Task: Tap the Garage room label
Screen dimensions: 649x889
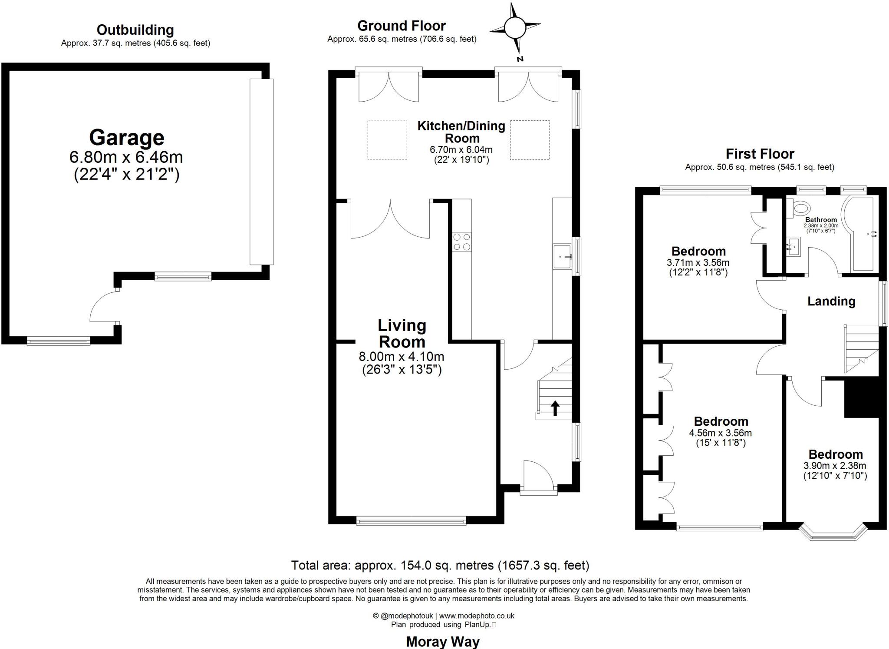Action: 126,138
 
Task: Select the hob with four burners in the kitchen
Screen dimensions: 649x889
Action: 461,242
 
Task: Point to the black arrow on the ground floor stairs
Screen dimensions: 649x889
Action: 555,408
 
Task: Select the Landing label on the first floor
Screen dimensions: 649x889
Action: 831,301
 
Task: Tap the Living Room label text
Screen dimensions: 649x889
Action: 402,333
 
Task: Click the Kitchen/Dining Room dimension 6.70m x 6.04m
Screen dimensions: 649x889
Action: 461,150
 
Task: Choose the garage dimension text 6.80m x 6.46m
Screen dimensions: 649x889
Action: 126,157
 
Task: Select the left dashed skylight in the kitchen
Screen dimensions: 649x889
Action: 387,140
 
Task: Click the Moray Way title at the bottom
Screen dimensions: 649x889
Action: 442,641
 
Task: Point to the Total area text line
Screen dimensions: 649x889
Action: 440,565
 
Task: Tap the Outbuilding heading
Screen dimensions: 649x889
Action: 135,30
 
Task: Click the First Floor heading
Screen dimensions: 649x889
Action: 760,154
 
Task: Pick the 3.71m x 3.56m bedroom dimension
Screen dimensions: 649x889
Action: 698,262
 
